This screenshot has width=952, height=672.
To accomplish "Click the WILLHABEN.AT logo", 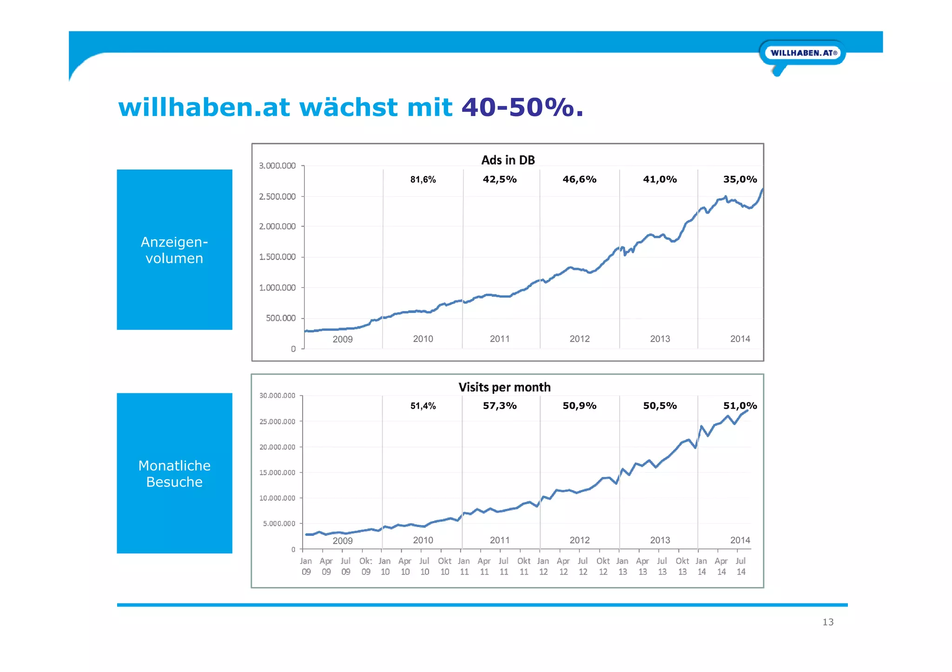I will pos(803,53).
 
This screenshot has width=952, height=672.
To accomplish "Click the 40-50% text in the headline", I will pos(522,107).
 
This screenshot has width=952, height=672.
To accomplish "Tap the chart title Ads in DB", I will pos(508,160).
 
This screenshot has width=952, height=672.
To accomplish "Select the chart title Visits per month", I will pos(504,387).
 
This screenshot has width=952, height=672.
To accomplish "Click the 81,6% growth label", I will pos(423,180).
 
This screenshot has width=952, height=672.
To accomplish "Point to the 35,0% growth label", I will pos(740,179).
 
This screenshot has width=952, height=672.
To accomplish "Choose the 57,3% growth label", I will pos(500,406).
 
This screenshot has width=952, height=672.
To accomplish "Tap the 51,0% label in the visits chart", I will pos(740,406).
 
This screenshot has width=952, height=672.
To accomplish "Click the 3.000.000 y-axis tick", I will pos(277,166).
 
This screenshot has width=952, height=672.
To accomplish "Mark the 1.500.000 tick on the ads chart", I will pos(277,257).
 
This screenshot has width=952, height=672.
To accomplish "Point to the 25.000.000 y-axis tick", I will pos(277,422).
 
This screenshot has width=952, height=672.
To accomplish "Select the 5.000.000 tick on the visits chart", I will pos(279,523).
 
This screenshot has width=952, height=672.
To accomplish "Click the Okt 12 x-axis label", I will pos(603,567).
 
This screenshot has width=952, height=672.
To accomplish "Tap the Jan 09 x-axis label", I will pos(306,567).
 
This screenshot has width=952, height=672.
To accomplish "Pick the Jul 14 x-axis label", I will pos(741,567).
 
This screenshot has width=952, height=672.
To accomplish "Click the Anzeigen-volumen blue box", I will pos(174,250).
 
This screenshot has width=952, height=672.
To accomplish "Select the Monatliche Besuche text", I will pos(174,474).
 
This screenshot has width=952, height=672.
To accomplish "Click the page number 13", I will pos(828,622).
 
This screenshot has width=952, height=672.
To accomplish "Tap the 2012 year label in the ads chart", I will pos(580,339).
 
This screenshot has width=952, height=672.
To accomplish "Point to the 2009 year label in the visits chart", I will pos(343,541).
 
